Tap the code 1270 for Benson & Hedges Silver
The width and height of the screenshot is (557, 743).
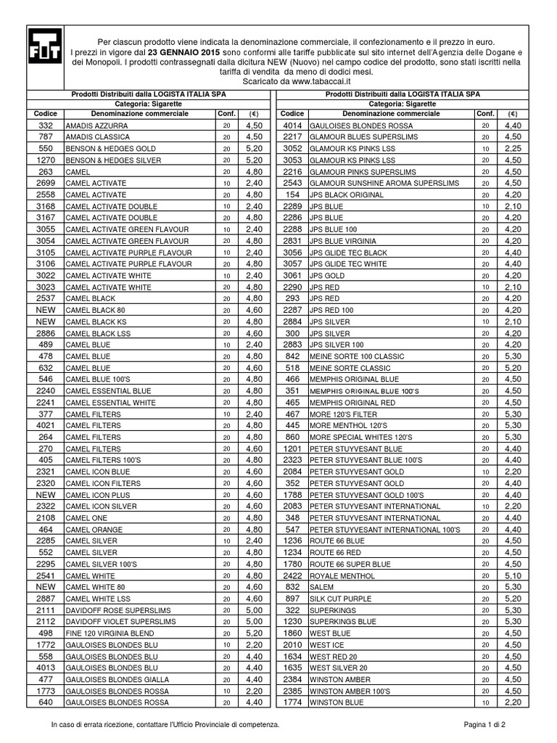coord(46,160)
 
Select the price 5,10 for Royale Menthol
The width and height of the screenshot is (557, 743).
coord(513,575)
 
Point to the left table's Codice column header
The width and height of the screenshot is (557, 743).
coord(46,114)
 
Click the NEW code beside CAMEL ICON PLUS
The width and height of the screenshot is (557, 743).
coord(46,494)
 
